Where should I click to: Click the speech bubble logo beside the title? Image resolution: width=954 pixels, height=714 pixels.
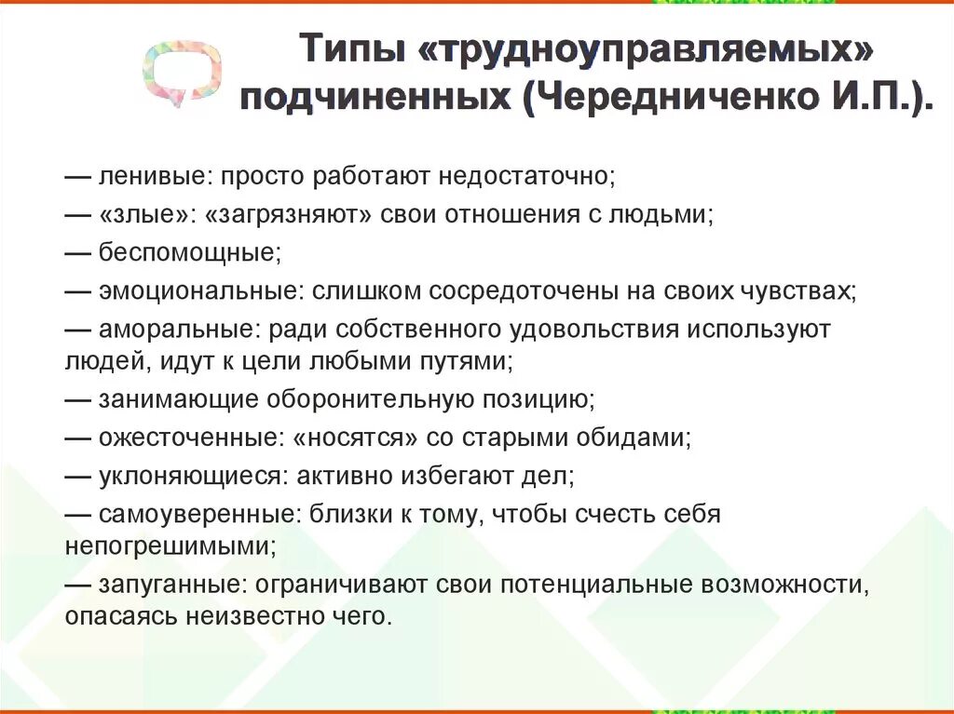(182, 70)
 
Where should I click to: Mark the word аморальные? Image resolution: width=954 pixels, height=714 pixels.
(179, 329)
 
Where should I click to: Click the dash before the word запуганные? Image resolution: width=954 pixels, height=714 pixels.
(77, 585)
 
